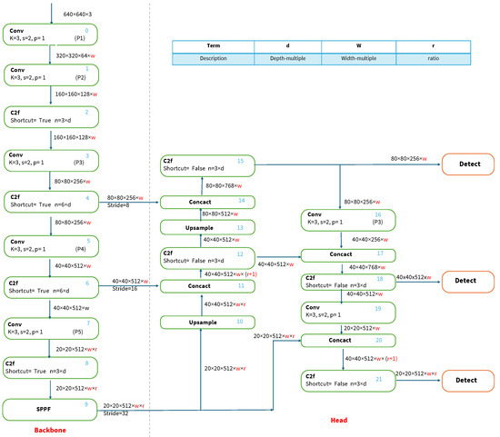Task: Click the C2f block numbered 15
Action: pos(208,165)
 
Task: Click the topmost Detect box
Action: pos(466,165)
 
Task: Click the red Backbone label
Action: pos(52,428)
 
